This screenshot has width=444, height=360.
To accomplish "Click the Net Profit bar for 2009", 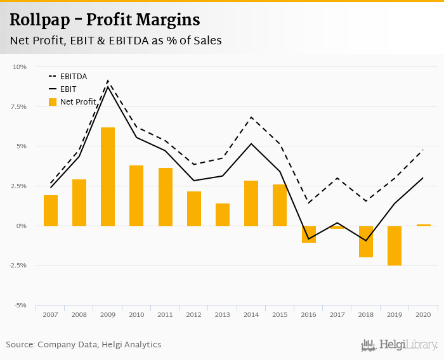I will [108, 177].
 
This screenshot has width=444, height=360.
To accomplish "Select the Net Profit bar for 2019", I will [394, 245].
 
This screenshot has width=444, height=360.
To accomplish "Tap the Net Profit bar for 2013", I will [223, 215].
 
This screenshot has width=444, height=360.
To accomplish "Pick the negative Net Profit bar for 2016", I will [308, 235].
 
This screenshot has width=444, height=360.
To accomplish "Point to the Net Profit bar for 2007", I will [51, 210].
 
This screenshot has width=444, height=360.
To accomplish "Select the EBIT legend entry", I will [68, 89].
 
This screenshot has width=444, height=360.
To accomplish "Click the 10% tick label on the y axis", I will [20, 67].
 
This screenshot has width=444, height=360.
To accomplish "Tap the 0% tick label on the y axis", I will [22, 226].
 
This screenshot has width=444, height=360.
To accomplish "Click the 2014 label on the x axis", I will [251, 314].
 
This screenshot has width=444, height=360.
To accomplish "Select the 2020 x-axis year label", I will [423, 314].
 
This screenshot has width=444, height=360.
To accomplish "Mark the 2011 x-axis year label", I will [166, 314].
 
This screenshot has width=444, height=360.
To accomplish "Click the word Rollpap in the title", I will [42, 20].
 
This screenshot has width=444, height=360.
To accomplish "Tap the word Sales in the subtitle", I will [206, 41].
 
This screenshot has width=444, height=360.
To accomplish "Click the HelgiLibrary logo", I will [400, 345].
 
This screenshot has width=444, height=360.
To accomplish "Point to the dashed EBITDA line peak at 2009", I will [108, 81].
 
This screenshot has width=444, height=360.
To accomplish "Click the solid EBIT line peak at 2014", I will [251, 143].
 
